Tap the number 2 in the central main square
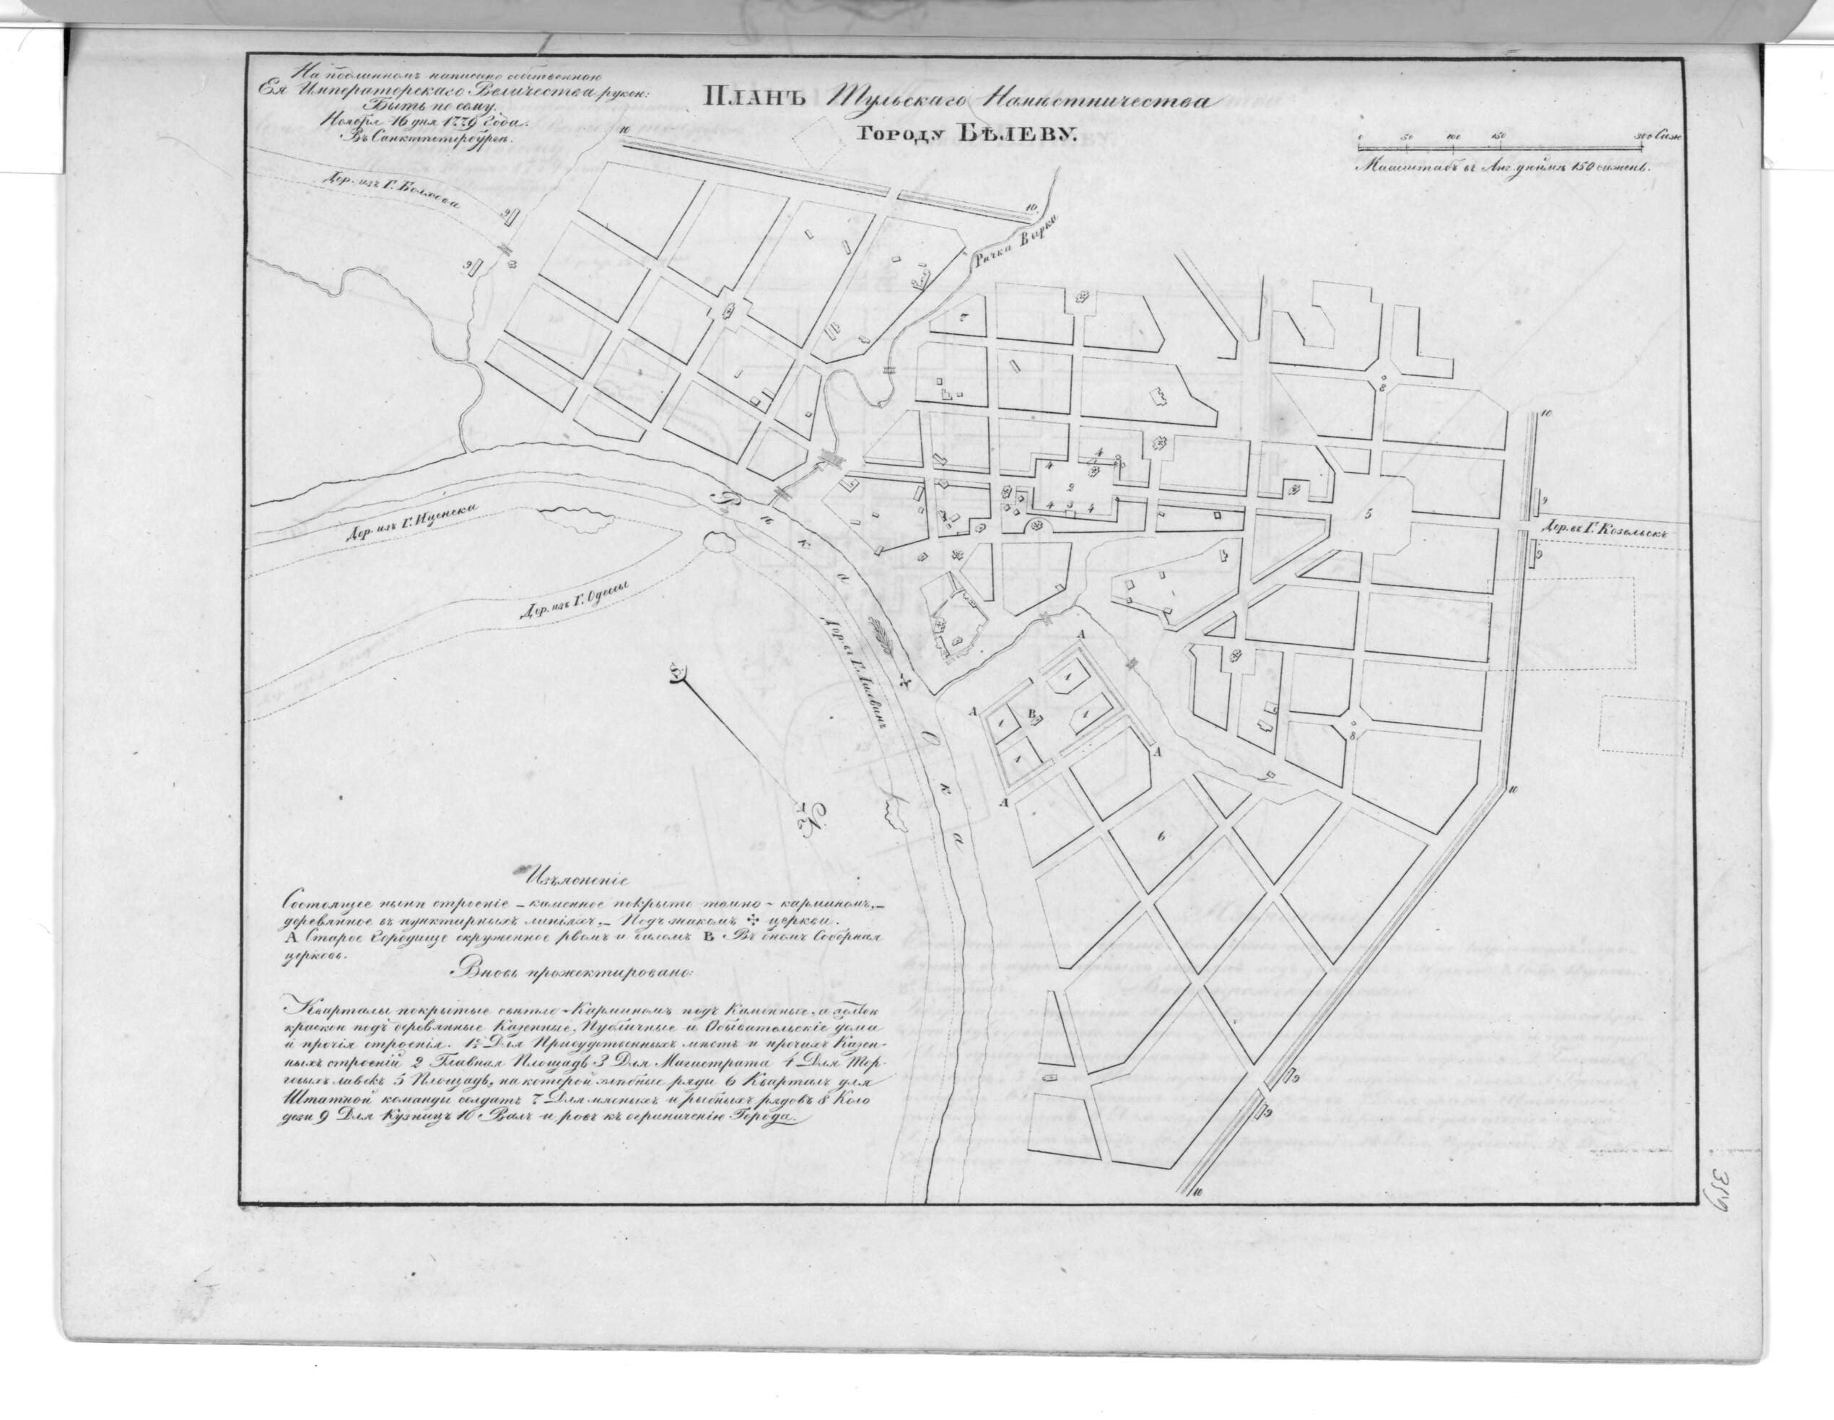pos(1070,487)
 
